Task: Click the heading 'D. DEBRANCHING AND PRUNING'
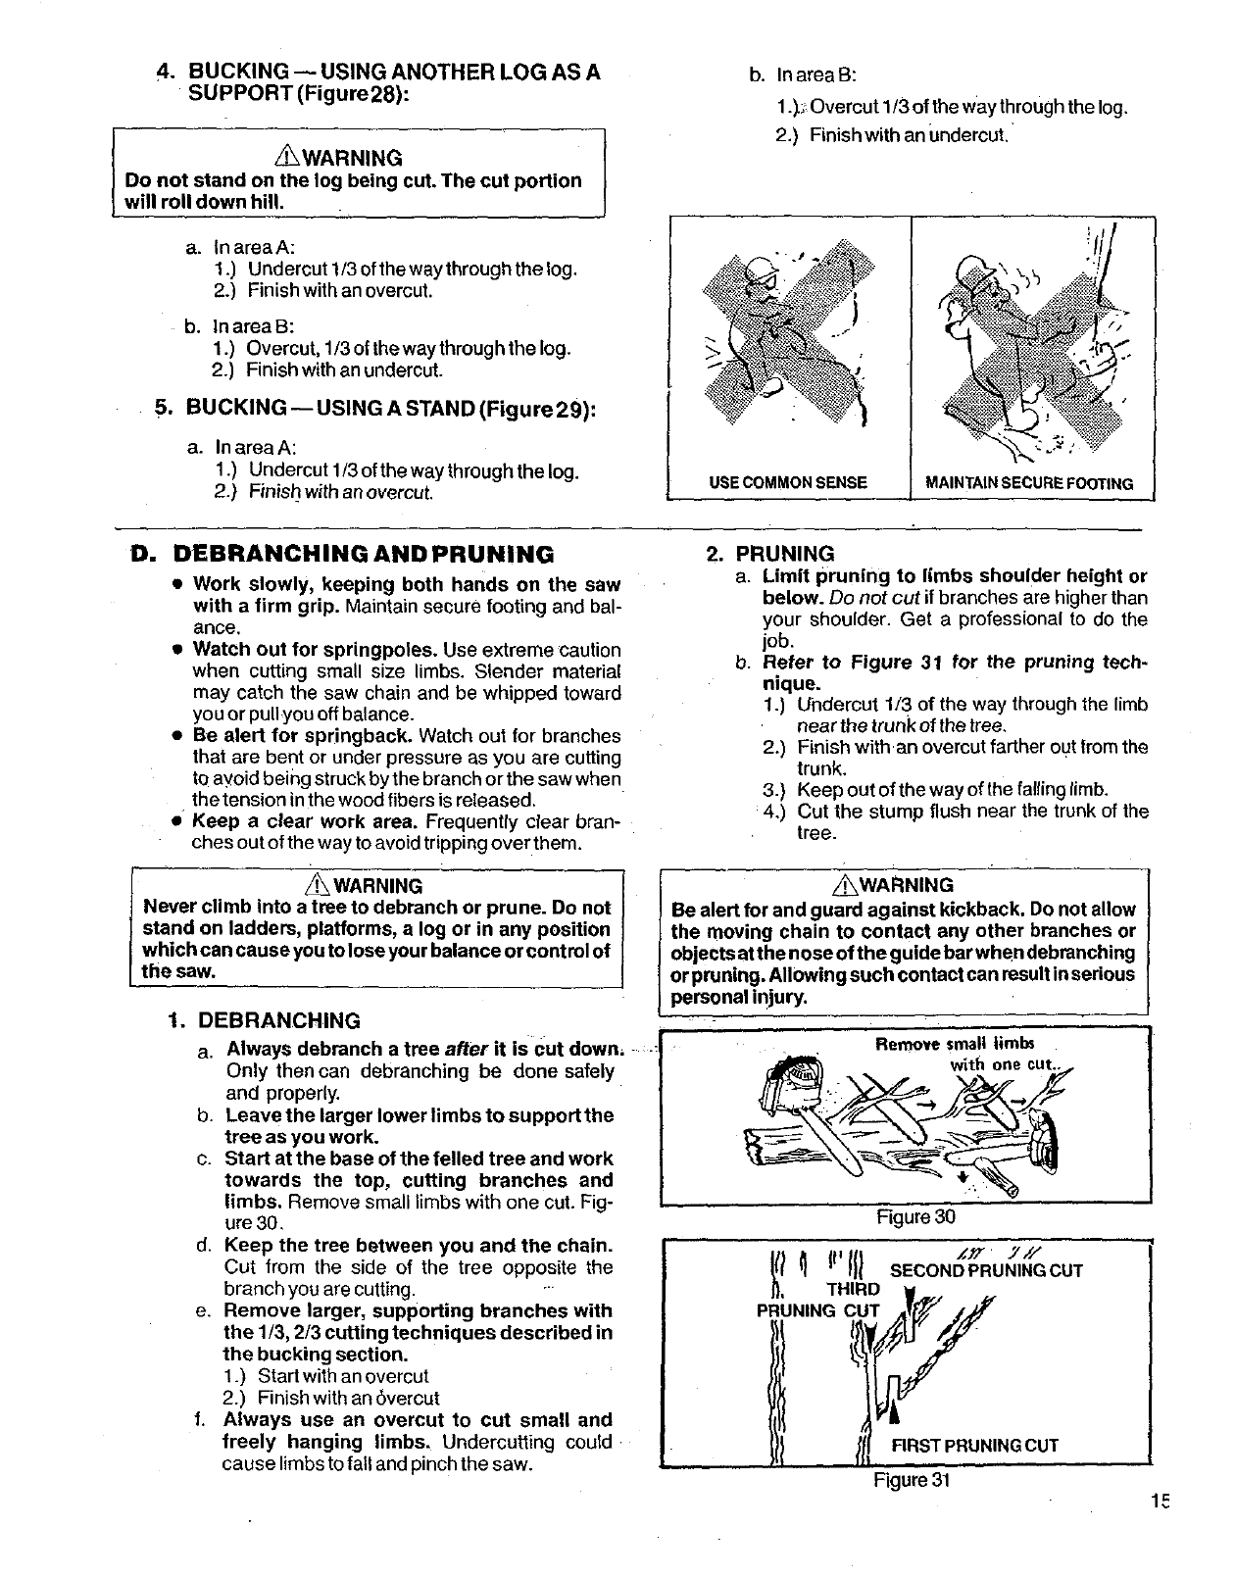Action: click(x=343, y=556)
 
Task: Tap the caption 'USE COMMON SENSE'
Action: click(x=788, y=482)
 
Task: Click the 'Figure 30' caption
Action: click(x=909, y=1217)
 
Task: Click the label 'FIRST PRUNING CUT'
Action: click(x=974, y=1445)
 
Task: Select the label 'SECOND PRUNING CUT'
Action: click(x=986, y=1271)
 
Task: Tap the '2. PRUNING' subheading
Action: click(x=770, y=554)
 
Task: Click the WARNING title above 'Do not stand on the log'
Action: click(x=356, y=158)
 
